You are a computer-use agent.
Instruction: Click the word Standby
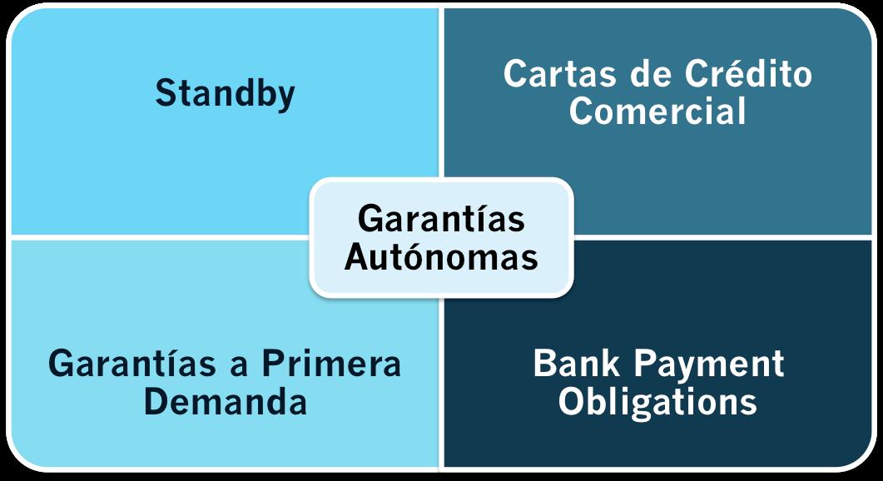pos(225,93)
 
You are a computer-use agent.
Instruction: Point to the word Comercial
pos(657,111)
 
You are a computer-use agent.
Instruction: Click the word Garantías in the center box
pos(441,219)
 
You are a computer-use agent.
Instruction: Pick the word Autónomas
pos(441,256)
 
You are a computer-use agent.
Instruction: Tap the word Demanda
pos(225,402)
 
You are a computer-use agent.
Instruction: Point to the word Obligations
pos(657,402)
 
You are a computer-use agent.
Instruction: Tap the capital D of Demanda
pos(155,402)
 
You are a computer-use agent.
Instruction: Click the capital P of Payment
pos(643,364)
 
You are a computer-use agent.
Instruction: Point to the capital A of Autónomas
pos(356,256)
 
